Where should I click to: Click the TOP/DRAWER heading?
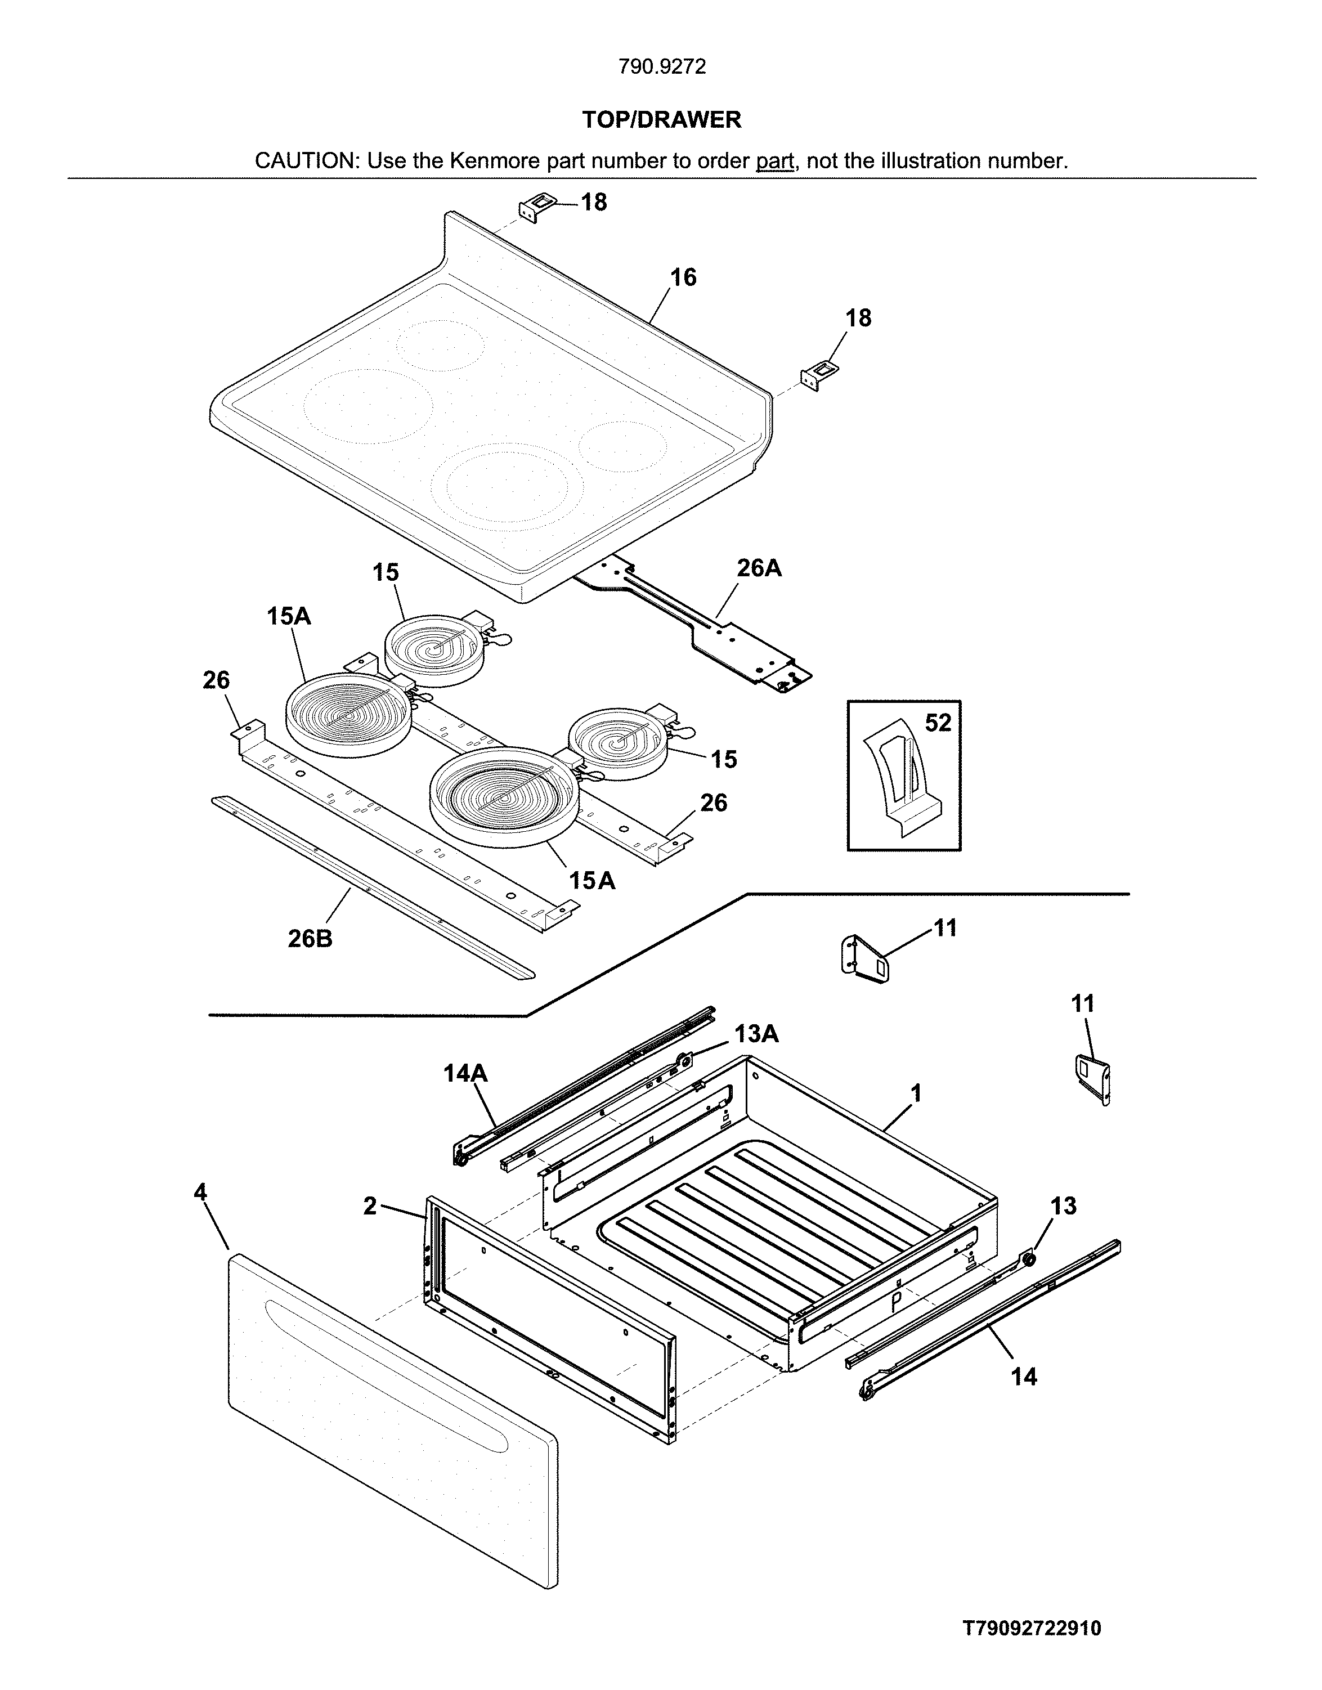(662, 120)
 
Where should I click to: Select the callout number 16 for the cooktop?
(683, 277)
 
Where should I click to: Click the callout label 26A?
(759, 569)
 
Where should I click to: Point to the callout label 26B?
(310, 939)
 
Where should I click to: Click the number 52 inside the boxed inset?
(938, 723)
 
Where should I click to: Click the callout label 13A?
(756, 1034)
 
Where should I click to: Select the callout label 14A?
(465, 1073)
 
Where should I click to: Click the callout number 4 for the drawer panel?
(200, 1193)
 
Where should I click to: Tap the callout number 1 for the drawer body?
(916, 1093)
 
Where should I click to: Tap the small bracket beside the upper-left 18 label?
(530, 209)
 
